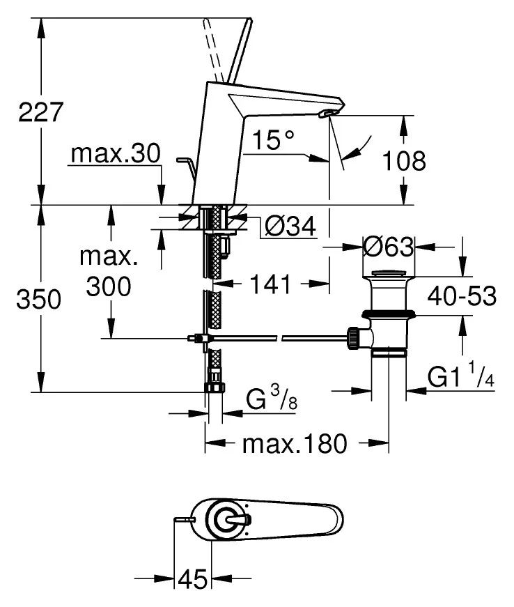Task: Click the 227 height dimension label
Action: (x=41, y=112)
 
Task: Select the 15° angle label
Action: (x=274, y=141)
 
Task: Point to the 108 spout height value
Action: (x=404, y=162)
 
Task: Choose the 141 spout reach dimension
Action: (x=272, y=284)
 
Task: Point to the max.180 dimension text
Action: (x=294, y=443)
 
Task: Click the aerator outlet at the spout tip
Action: (x=327, y=112)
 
